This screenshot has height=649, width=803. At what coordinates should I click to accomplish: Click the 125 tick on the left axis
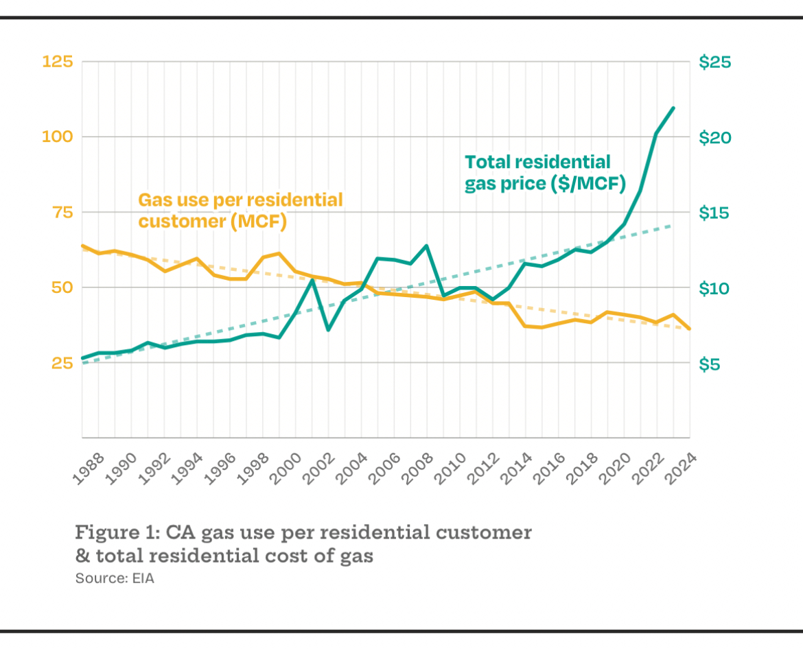(58, 62)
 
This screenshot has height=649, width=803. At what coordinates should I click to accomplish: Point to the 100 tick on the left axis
(58, 137)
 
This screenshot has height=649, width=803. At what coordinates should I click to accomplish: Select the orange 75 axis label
(60, 212)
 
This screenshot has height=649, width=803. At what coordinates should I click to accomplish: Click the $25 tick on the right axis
(715, 62)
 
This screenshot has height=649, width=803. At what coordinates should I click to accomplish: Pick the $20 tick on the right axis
(715, 137)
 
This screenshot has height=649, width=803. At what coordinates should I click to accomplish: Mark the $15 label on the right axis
(715, 213)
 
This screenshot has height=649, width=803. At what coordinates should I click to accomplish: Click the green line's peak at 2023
(673, 108)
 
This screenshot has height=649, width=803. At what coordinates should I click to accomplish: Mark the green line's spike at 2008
(427, 246)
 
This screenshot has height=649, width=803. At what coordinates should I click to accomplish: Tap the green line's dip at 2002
(328, 330)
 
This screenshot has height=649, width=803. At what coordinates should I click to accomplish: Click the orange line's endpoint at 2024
(689, 329)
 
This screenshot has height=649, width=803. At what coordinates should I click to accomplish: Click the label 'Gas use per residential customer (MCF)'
(240, 211)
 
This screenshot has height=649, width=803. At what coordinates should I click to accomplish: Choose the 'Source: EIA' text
(115, 578)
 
